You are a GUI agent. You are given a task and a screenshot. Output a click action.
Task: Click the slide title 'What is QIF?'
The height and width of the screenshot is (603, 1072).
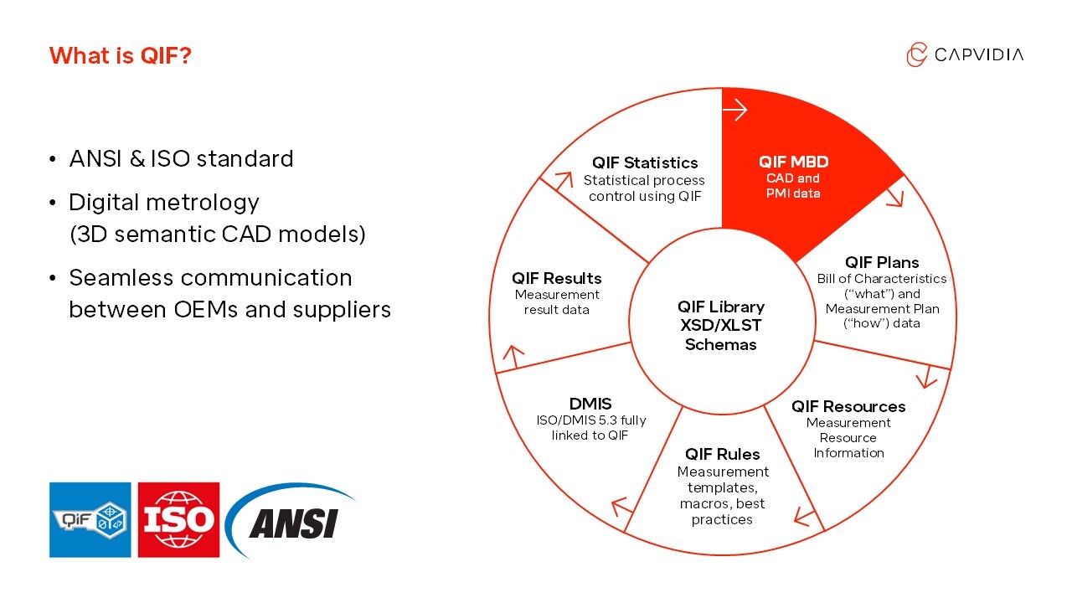click(x=121, y=56)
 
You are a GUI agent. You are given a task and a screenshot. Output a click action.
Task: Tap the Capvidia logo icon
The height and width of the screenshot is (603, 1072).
click(x=917, y=54)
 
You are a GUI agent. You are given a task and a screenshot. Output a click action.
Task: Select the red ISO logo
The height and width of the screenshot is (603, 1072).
click(x=178, y=519)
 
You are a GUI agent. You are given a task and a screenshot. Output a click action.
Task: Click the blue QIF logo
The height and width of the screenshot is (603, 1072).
click(x=90, y=519)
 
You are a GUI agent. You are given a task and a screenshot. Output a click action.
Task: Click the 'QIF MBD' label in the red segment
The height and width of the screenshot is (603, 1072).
click(x=793, y=162)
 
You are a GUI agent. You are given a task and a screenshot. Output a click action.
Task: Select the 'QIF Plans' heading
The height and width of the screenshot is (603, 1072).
click(x=882, y=262)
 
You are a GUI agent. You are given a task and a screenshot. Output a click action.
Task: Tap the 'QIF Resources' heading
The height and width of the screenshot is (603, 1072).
click(x=848, y=406)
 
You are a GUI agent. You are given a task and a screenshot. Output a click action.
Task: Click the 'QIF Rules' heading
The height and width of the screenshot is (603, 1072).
click(x=722, y=454)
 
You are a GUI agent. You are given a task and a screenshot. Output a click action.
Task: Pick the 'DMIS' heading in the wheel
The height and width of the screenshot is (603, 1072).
click(x=590, y=404)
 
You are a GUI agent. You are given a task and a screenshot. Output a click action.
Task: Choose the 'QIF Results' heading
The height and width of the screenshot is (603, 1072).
click(x=557, y=278)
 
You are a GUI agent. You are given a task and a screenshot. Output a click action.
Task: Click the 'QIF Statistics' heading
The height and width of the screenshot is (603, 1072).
click(x=644, y=162)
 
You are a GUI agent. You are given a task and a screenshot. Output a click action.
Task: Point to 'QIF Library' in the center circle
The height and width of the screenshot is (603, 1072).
click(x=720, y=307)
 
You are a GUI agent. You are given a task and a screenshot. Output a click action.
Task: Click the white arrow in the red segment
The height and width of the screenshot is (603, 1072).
click(x=734, y=110)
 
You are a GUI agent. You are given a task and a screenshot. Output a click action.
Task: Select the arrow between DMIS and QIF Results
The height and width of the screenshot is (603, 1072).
click(x=513, y=355)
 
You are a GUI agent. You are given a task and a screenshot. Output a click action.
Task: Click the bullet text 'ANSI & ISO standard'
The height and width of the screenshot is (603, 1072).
click(x=181, y=158)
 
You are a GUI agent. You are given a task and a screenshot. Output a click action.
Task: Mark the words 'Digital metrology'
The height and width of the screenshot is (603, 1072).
click(x=164, y=202)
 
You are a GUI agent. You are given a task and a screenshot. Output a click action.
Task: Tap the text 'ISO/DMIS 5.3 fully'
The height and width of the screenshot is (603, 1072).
click(x=590, y=420)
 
